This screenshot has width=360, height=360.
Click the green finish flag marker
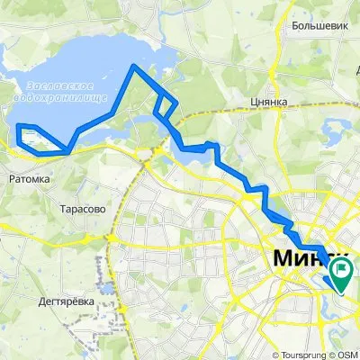(x=342, y=270)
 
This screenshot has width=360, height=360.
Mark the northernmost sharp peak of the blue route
(x=135, y=66)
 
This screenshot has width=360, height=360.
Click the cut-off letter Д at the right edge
(x=356, y=77)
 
